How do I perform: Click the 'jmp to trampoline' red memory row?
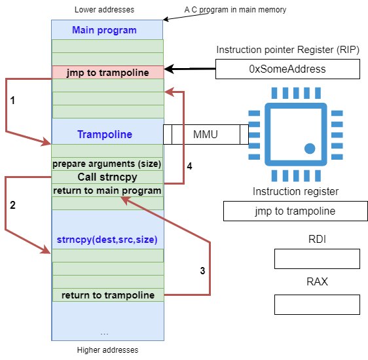tap(108, 72)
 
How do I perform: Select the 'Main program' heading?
tap(104, 30)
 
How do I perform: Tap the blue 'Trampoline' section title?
tap(105, 134)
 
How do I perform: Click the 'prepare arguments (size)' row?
tap(107, 164)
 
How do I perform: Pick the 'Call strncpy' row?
tap(107, 177)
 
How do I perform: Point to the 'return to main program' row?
tap(107, 190)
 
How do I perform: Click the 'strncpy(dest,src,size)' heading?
tap(107, 240)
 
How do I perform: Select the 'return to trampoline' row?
tap(108, 295)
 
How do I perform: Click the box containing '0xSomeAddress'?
tap(287, 69)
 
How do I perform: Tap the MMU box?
tap(206, 134)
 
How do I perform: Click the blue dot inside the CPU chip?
tap(310, 149)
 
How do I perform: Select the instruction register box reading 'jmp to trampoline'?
tap(295, 211)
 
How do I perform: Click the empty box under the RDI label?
tap(317, 259)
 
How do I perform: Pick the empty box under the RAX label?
tap(317, 304)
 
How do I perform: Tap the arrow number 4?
tap(183, 138)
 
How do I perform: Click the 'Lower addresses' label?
tap(104, 10)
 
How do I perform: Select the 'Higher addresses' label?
tap(108, 350)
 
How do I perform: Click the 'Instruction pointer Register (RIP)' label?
tap(287, 50)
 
